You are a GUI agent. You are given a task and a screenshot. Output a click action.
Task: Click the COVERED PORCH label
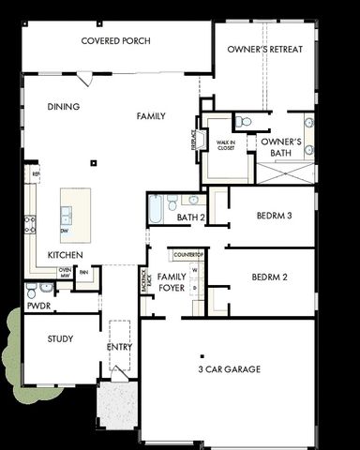pyautogui.click(x=116, y=41)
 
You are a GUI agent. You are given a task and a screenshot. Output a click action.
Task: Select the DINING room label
pyautogui.click(x=64, y=107)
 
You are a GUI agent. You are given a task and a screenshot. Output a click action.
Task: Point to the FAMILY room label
pyautogui.click(x=151, y=116)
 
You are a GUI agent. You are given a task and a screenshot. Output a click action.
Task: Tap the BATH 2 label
pyautogui.click(x=190, y=217)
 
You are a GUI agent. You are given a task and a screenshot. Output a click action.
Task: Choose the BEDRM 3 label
pyautogui.click(x=274, y=216)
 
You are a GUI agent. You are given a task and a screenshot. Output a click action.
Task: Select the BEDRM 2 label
pyautogui.click(x=270, y=277)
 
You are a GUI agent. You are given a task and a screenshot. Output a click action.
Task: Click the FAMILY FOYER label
pyautogui.click(x=171, y=282)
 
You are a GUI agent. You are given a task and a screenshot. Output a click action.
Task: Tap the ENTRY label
pyautogui.click(x=120, y=347)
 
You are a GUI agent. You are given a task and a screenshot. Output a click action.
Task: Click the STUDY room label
pyautogui.click(x=60, y=338)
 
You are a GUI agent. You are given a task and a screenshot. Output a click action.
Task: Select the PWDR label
pyautogui.click(x=38, y=306)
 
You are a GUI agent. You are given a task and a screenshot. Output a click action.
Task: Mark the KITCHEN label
pyautogui.click(x=65, y=255)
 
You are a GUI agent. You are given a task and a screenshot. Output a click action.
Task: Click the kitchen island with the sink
pyautogui.click(x=75, y=213)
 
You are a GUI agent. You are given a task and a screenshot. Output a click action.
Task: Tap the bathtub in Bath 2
pyautogui.click(x=156, y=208)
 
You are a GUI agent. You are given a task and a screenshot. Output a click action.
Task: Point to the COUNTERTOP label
pyautogui.click(x=188, y=255)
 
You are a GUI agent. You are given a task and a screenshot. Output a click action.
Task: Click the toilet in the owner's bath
pyautogui.click(x=243, y=122)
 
